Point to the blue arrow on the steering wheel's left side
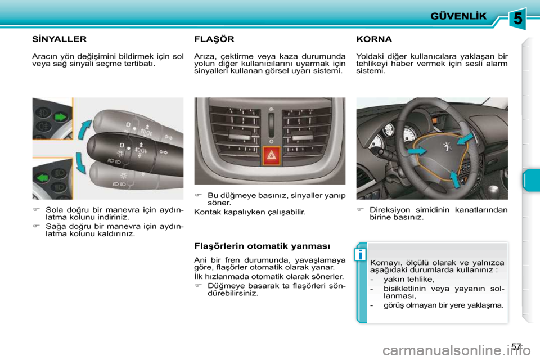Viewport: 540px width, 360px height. click(x=417, y=151)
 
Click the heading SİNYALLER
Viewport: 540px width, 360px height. click(x=59, y=39)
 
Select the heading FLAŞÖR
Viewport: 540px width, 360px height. click(x=214, y=39)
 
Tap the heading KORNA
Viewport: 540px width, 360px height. click(x=374, y=39)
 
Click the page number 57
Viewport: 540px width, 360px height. click(x=517, y=347)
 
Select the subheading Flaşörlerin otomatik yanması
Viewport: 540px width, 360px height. click(x=262, y=246)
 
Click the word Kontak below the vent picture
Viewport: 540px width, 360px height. click(x=206, y=212)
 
